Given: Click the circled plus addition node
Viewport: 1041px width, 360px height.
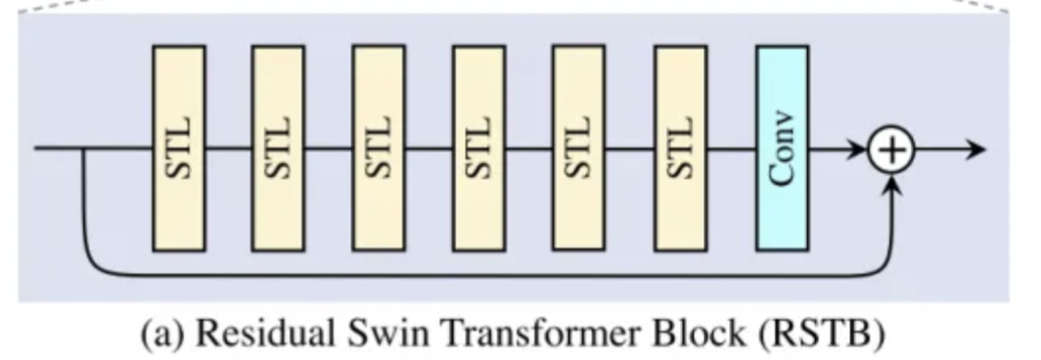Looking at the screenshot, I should pyautogui.click(x=892, y=150).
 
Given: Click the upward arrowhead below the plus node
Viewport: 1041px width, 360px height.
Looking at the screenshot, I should pyautogui.click(x=892, y=186).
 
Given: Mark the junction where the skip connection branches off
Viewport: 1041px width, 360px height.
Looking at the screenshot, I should pyautogui.click(x=85, y=150).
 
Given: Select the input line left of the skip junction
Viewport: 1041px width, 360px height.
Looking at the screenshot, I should pyautogui.click(x=59, y=150).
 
